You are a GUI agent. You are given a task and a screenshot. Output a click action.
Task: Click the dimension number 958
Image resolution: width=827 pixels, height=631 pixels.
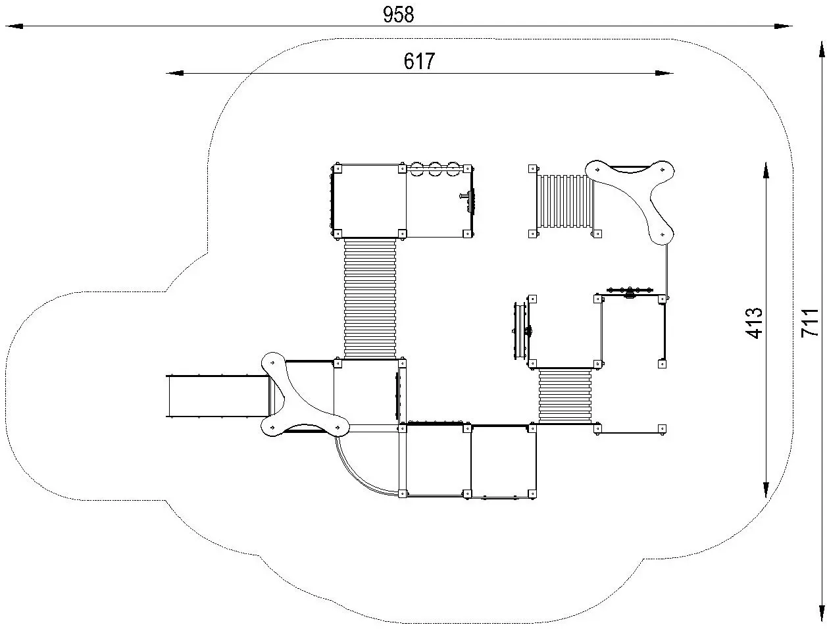pos(398,15)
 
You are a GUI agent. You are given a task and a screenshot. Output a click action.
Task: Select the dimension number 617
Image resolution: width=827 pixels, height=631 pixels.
pos(419,61)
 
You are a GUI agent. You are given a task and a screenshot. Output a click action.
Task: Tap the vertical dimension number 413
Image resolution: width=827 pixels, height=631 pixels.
pos(754,323)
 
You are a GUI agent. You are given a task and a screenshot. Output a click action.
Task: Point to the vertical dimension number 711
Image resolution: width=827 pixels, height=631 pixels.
pos(810,323)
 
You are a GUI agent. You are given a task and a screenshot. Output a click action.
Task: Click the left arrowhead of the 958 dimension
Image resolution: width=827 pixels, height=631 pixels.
pos(14,26)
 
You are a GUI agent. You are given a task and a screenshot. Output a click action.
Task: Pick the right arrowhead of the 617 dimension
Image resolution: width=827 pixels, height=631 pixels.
pos(664,73)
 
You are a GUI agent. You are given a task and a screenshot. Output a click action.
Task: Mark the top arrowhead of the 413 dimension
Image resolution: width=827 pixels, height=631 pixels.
pos(766,172)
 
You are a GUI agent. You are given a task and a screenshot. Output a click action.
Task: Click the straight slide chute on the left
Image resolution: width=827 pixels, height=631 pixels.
pos(218,396)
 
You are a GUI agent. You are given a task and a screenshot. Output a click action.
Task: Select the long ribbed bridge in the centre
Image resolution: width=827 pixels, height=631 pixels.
pos(370,298)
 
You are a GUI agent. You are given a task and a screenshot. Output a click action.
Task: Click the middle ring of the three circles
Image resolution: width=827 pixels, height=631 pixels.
pos(435,168)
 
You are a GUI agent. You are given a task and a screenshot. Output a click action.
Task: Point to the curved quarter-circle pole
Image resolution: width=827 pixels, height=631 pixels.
pos(358,476)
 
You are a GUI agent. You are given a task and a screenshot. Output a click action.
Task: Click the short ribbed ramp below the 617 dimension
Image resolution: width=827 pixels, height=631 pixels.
pos(564,201)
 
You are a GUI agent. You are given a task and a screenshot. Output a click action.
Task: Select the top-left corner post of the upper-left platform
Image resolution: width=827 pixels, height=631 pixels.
pos(338,168)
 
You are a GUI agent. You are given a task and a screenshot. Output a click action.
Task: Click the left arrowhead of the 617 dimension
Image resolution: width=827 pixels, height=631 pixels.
pos(175,73)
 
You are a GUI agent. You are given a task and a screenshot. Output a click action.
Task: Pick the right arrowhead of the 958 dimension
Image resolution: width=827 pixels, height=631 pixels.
pos(784,26)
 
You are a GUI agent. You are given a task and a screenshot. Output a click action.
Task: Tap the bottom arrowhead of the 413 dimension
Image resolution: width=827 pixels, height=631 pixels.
pos(766,488)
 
